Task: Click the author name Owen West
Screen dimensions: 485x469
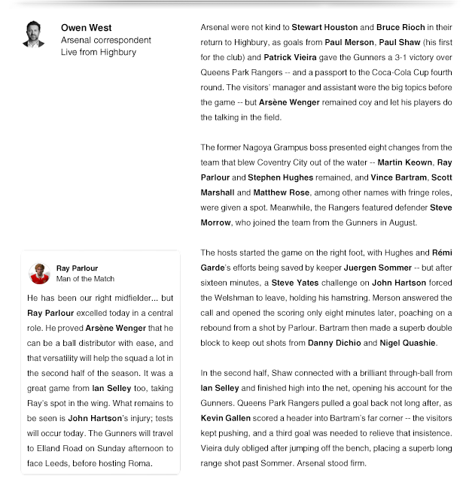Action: pyautogui.click(x=86, y=28)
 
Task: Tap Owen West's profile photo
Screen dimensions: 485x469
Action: pyautogui.click(x=33, y=34)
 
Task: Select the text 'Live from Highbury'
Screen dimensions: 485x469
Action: pyautogui.click(x=99, y=53)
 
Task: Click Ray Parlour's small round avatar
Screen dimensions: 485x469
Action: pyautogui.click(x=39, y=273)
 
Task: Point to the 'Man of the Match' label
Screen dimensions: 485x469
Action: pyautogui.click(x=85, y=279)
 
